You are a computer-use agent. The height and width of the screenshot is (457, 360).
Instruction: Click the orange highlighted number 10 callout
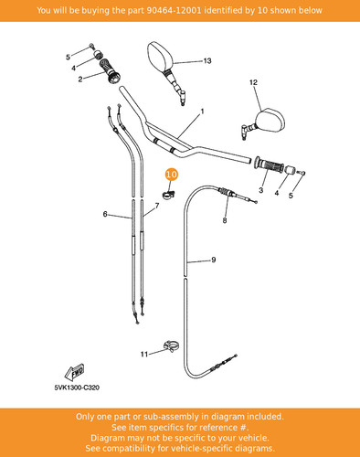[x=172, y=175]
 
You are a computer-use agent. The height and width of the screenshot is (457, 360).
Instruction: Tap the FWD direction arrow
[x=74, y=372]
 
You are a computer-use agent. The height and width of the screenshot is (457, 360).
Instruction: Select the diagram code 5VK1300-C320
[x=77, y=388]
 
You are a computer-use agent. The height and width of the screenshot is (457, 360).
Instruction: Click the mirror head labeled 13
[x=160, y=57]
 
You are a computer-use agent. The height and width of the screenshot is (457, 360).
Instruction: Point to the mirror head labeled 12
[x=270, y=121]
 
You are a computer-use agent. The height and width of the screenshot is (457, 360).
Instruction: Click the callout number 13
[x=207, y=61]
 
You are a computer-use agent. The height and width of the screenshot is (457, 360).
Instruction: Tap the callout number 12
[x=253, y=82]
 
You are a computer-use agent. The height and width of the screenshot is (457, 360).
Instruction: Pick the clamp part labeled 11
[x=171, y=346]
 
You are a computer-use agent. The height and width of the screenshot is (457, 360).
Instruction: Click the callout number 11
[x=144, y=354]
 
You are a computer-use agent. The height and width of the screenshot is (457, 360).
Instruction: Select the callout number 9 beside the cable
[x=214, y=260]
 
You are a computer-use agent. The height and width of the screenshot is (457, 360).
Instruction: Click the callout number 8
[x=225, y=220]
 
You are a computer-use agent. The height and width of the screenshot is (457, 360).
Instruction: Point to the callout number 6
[x=105, y=214]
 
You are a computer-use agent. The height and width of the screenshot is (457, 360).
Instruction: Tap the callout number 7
[x=157, y=206]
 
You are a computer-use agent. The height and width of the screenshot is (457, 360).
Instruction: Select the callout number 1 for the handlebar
[x=202, y=112]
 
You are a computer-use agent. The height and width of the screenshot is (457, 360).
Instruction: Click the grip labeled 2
[x=110, y=70]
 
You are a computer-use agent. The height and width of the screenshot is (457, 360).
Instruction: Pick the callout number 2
[x=80, y=80]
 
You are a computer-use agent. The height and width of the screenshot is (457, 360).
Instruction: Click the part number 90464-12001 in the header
[x=174, y=10]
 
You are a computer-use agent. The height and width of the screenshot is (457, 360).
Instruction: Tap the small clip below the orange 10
[x=168, y=195]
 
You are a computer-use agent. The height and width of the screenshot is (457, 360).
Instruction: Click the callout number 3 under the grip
[x=261, y=190]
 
